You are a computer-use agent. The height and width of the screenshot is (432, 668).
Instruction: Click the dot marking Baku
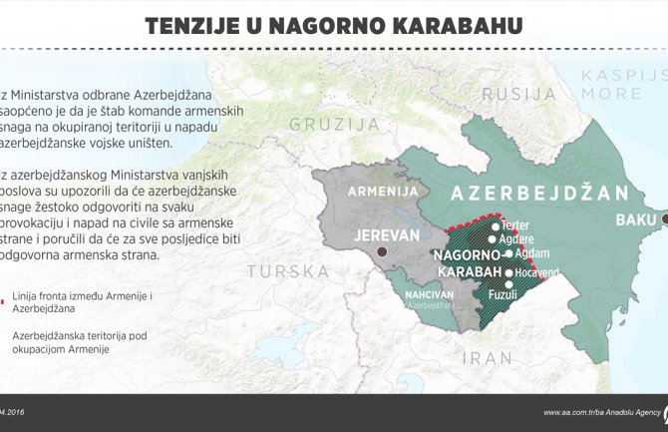tap(664, 218)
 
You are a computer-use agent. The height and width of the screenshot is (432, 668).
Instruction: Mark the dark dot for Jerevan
tap(382, 253)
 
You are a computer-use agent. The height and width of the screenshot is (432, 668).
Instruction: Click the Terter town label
tap(516, 225)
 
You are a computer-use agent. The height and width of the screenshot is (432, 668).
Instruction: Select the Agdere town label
tap(517, 239)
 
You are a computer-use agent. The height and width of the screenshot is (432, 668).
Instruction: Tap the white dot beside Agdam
tap(506, 253)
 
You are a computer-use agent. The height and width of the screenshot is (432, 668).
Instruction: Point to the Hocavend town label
tap(536, 271)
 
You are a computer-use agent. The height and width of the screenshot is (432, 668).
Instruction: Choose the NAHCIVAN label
tap(429, 293)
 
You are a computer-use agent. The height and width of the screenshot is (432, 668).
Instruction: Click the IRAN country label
tap(488, 358)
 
